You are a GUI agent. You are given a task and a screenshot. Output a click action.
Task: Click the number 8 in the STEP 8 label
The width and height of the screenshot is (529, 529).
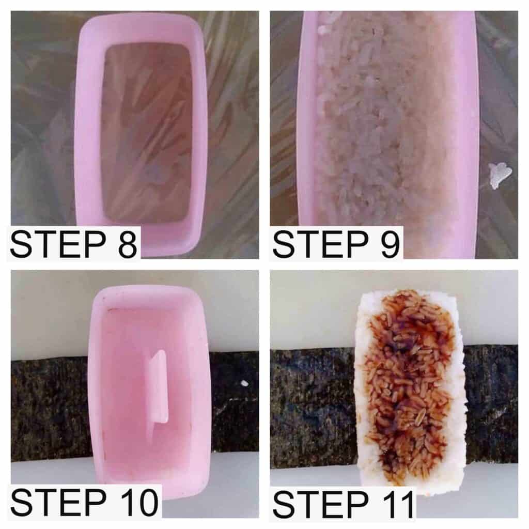click(x=128, y=244)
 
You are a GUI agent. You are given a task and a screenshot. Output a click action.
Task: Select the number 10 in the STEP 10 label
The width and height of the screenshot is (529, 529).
click(x=138, y=503)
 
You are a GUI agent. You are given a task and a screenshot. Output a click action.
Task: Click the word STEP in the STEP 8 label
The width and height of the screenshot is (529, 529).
click(x=59, y=244)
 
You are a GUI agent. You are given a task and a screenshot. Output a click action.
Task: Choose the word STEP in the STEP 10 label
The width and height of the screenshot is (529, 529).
click(x=59, y=503)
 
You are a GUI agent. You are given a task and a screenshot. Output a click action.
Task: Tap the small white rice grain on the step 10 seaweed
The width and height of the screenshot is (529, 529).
click(x=245, y=383)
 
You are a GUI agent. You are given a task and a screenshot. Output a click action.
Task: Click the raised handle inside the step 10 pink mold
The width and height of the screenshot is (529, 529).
click(x=158, y=387)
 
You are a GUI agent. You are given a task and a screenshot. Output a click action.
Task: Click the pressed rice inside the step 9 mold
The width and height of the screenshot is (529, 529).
click(x=368, y=135)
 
